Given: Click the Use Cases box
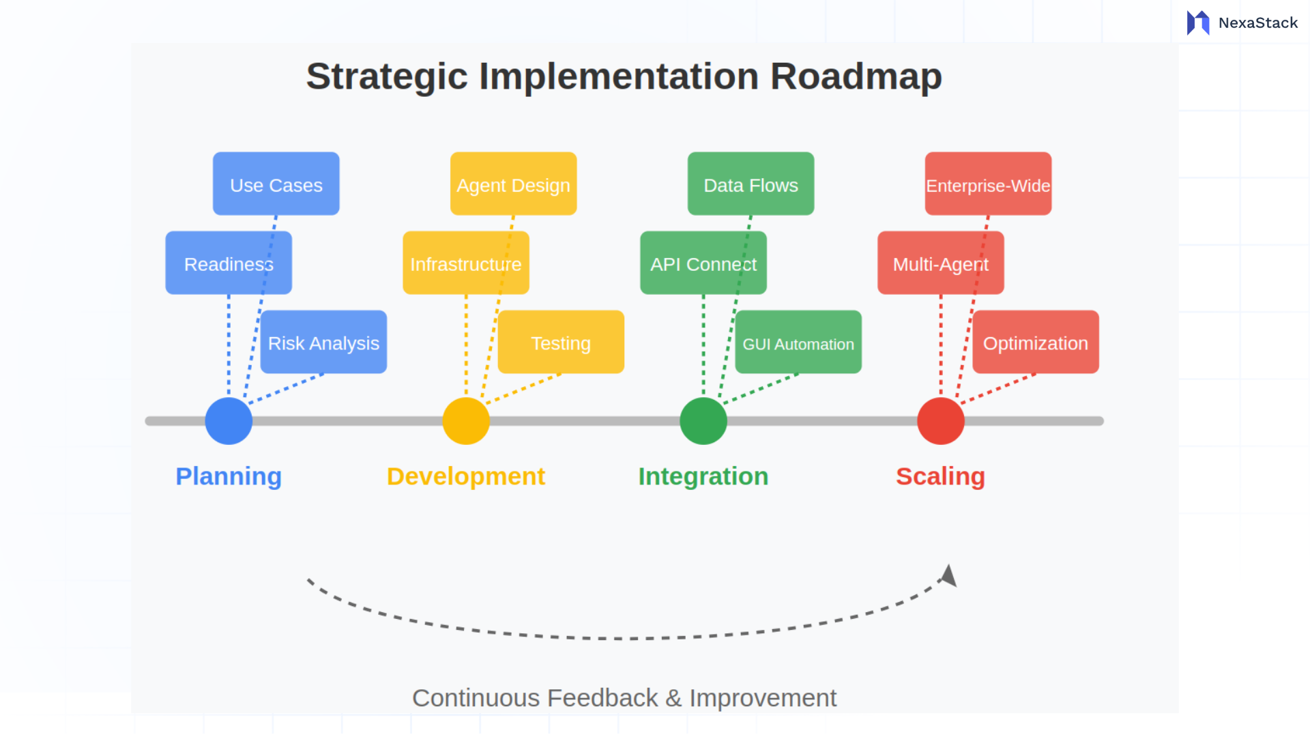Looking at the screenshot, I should (276, 184).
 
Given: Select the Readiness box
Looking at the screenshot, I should (228, 263).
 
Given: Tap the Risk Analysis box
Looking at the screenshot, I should (323, 343).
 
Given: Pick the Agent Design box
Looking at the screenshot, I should (513, 184).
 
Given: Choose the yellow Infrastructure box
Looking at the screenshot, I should (465, 263).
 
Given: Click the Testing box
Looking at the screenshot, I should (561, 343).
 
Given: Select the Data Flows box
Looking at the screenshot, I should (751, 184).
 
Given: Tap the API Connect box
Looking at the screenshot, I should (703, 263).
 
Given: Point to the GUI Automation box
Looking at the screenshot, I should (798, 343).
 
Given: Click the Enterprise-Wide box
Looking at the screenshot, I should (988, 184).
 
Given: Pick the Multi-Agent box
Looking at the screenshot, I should (940, 263).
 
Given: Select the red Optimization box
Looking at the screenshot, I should (1036, 343).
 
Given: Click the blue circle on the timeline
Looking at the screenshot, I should (229, 421).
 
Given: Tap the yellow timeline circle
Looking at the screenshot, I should (466, 421).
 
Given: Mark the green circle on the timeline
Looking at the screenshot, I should (703, 421).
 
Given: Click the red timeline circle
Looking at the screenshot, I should (941, 421).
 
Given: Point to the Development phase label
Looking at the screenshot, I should (465, 476).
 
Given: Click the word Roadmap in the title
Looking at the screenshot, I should (856, 76).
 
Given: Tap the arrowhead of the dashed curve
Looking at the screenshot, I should (949, 576).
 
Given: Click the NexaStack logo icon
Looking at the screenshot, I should (1197, 23).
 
